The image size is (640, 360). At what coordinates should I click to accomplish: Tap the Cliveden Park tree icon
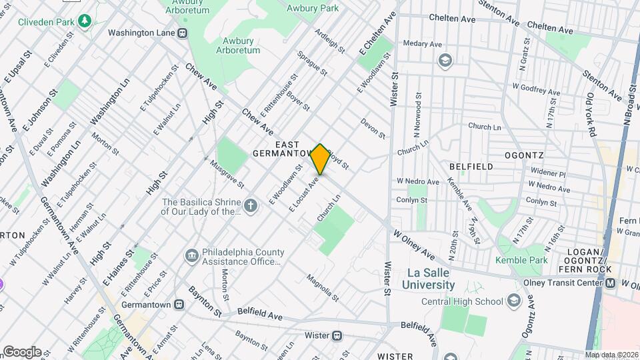[x=84, y=22]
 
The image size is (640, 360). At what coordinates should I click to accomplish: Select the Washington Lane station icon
[x=182, y=33]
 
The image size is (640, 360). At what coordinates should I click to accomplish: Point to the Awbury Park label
[x=312, y=8]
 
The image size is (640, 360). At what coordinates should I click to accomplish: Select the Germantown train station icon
[x=179, y=304]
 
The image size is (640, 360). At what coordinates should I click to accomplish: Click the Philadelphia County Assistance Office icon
[x=191, y=255]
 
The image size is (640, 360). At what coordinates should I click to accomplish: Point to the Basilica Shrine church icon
[x=251, y=205]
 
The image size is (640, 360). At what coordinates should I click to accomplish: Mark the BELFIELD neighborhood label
[x=471, y=166]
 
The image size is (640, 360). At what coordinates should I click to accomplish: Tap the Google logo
[x=22, y=352]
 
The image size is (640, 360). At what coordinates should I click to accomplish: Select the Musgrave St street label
[x=227, y=173]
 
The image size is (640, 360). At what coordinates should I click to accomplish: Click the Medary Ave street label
[x=423, y=45]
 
